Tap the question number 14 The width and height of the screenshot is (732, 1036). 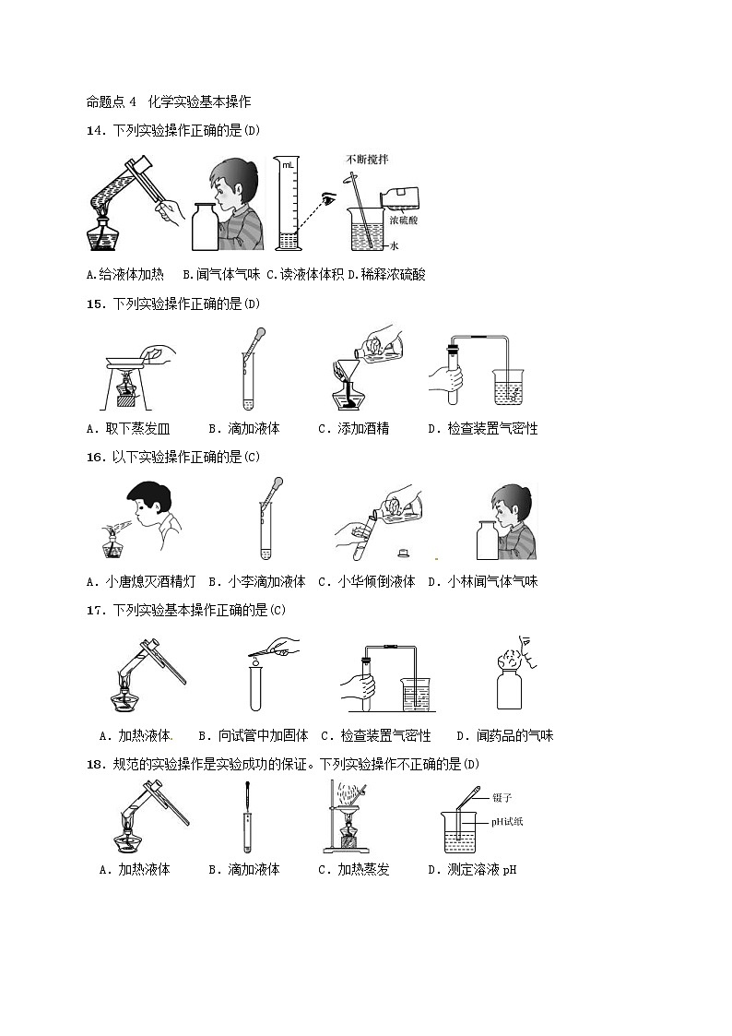point(94,130)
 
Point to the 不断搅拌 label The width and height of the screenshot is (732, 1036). point(366,160)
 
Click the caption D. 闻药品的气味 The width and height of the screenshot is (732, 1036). point(505,736)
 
